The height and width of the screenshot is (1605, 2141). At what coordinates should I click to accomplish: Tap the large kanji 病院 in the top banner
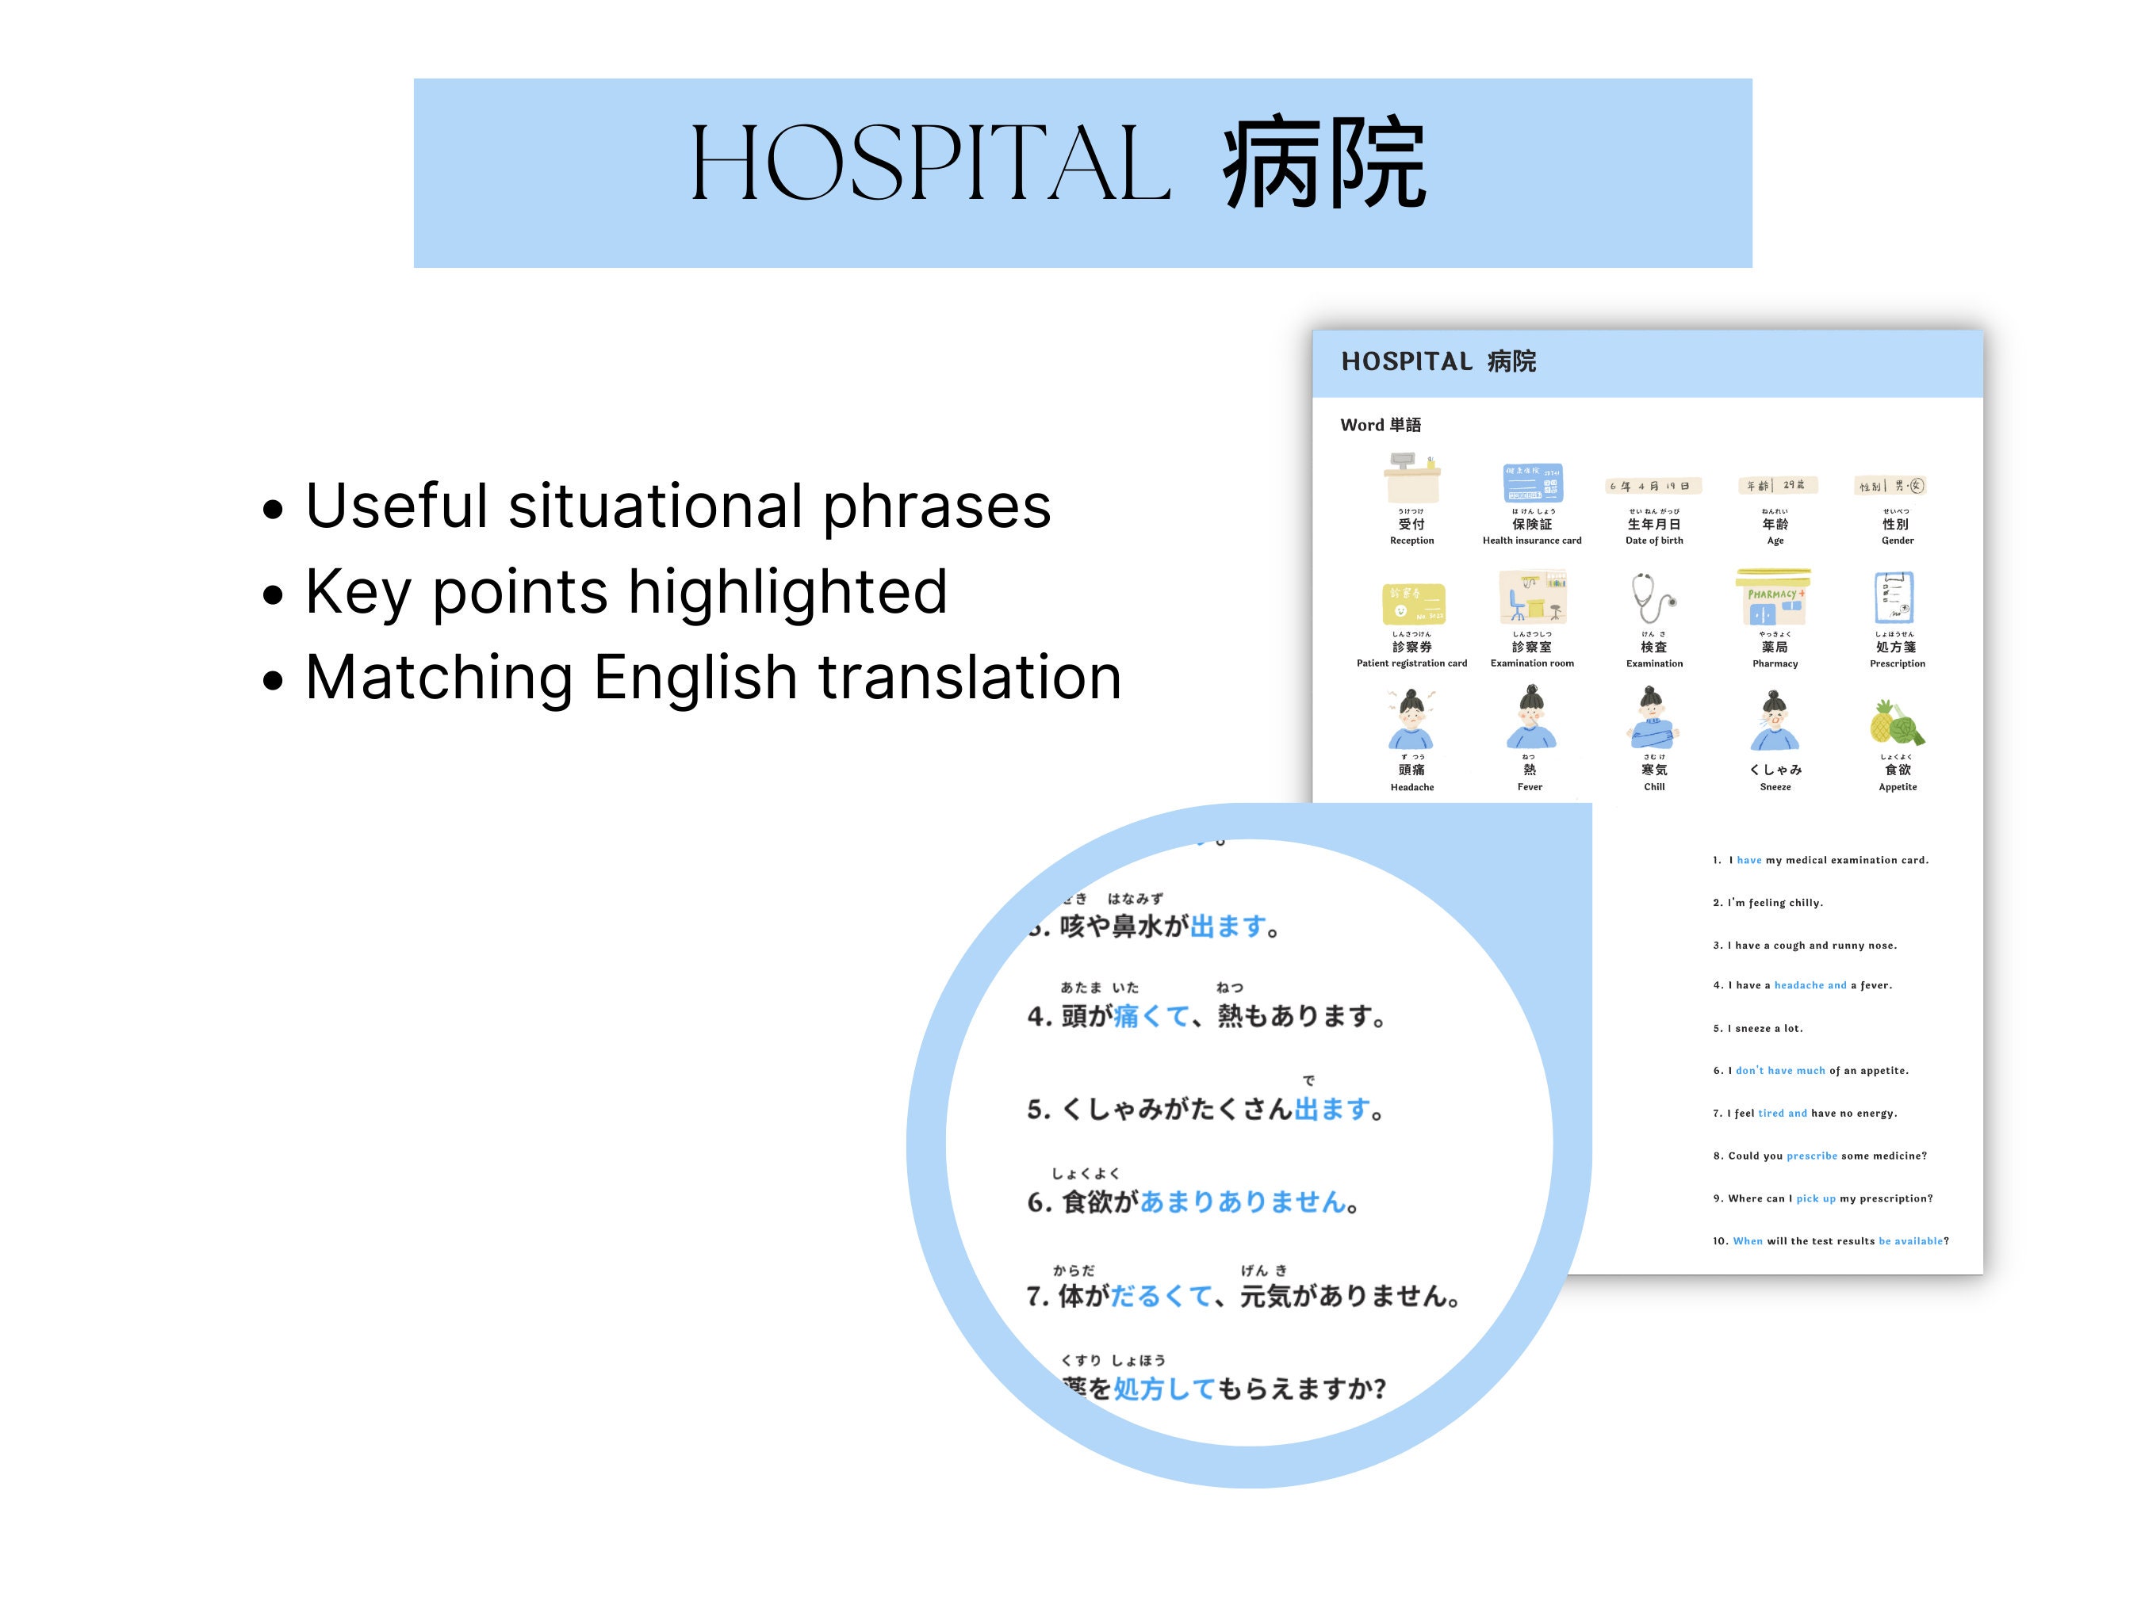pyautogui.click(x=1324, y=165)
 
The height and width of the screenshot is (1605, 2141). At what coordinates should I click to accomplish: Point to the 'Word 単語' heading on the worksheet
pyautogui.click(x=1381, y=425)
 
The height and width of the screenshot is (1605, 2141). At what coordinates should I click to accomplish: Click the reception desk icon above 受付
pyautogui.click(x=1412, y=478)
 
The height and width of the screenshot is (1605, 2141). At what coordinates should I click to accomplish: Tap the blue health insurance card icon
pyautogui.click(x=1532, y=483)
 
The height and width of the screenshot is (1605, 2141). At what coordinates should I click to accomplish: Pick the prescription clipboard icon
pyautogui.click(x=1894, y=598)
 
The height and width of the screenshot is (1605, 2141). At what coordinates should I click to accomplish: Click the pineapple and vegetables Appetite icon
pyautogui.click(x=1896, y=723)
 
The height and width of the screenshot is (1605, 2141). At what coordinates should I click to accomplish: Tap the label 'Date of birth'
pyautogui.click(x=1654, y=541)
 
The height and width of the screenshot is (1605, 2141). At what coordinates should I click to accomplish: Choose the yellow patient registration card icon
pyautogui.click(x=1413, y=604)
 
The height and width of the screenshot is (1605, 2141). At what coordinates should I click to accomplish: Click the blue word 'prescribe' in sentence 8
pyautogui.click(x=1811, y=1156)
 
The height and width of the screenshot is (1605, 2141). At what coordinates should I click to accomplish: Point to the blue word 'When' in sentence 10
pyautogui.click(x=1747, y=1241)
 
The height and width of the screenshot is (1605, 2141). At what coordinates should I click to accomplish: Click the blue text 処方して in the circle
pyautogui.click(x=1163, y=1389)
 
